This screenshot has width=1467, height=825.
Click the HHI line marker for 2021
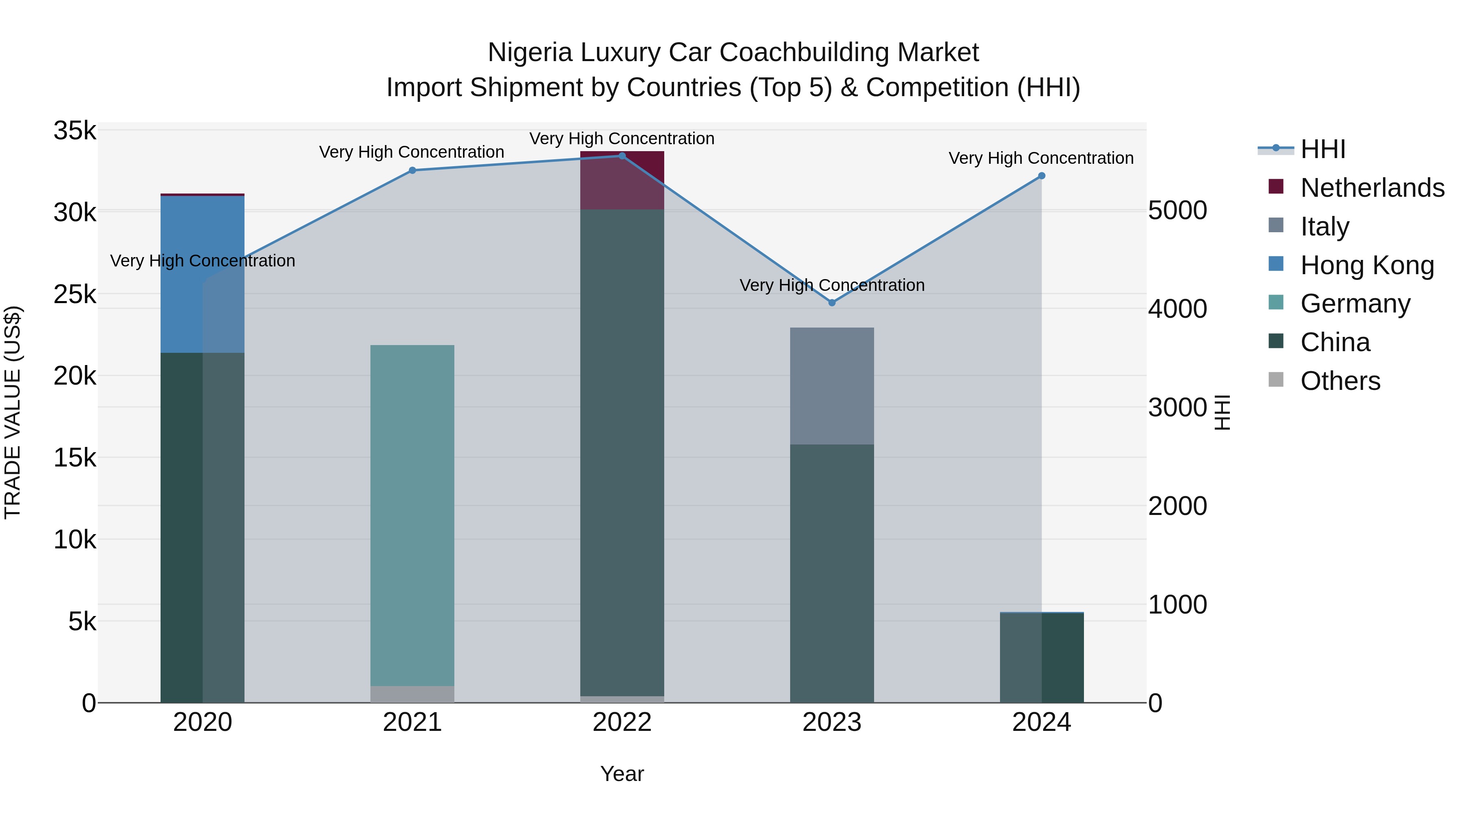click(x=412, y=170)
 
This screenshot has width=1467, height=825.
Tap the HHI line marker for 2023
click(x=832, y=303)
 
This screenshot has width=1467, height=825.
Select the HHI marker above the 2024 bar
click(x=1042, y=176)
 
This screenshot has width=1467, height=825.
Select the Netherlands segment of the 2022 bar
click(x=622, y=180)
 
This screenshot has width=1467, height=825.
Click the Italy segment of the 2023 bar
click(x=832, y=386)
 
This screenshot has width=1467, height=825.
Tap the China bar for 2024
click(x=1042, y=658)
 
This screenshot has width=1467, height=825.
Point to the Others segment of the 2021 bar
click(x=412, y=694)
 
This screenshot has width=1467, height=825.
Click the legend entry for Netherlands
click(x=1372, y=188)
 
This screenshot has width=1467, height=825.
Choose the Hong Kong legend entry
click(x=1367, y=265)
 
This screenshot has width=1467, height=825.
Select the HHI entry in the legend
click(x=1322, y=149)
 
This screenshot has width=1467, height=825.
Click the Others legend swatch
click(x=1276, y=380)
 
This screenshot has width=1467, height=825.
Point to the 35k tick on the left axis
click(x=75, y=131)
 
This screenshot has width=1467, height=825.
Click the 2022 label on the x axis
click(x=622, y=722)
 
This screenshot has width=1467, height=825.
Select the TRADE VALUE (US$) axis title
click(x=13, y=412)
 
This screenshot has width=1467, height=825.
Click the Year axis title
click(x=622, y=774)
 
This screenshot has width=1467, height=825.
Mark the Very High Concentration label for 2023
click(x=832, y=285)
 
